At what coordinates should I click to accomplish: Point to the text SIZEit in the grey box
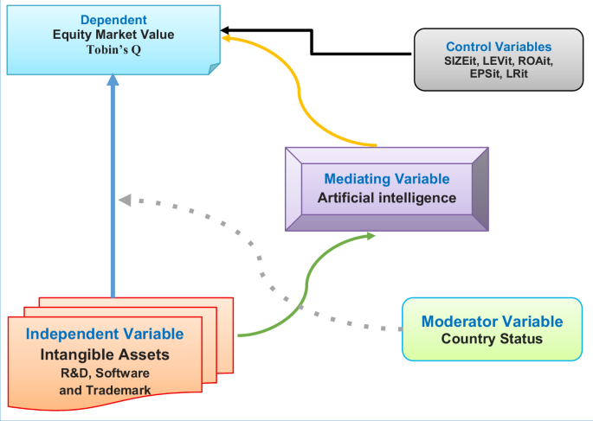462,61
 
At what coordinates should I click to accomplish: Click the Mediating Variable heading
386,179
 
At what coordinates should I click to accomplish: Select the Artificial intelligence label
386,198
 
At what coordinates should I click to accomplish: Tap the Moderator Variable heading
492,322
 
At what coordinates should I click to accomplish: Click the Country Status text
492,338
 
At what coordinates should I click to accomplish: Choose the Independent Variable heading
105,334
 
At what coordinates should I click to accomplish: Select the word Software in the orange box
126,373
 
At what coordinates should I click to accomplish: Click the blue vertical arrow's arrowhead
112,80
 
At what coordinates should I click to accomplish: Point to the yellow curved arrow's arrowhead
225,38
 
